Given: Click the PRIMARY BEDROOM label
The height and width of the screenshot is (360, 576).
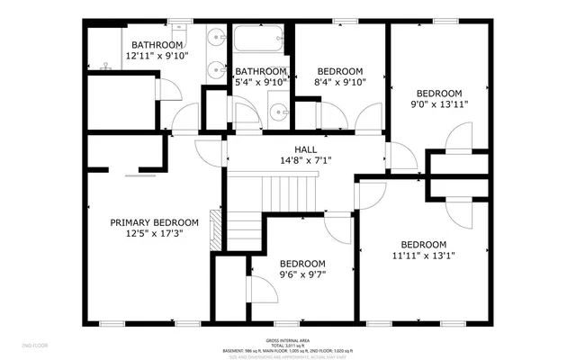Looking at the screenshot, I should tap(154, 223).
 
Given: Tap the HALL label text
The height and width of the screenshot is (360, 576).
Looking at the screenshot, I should tap(305, 149).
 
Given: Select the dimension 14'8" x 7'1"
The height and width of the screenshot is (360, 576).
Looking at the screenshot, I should tap(305, 161).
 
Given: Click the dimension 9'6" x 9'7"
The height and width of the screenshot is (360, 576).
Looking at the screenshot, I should tap(301, 275).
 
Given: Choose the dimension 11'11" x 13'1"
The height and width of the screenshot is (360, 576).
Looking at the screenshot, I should tap(423, 256).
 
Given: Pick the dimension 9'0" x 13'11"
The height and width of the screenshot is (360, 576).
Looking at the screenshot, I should tap(437, 104).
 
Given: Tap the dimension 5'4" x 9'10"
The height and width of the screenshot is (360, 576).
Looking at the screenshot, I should tap(261, 82).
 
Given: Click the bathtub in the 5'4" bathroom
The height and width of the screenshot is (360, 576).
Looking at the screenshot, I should tap(259, 41).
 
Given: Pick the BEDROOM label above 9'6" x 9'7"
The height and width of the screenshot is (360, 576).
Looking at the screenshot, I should tap(301, 265).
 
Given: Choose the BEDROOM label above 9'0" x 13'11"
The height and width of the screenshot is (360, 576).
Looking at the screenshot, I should tap(437, 94).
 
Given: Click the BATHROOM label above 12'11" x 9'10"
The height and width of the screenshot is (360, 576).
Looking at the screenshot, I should tap(157, 45).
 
